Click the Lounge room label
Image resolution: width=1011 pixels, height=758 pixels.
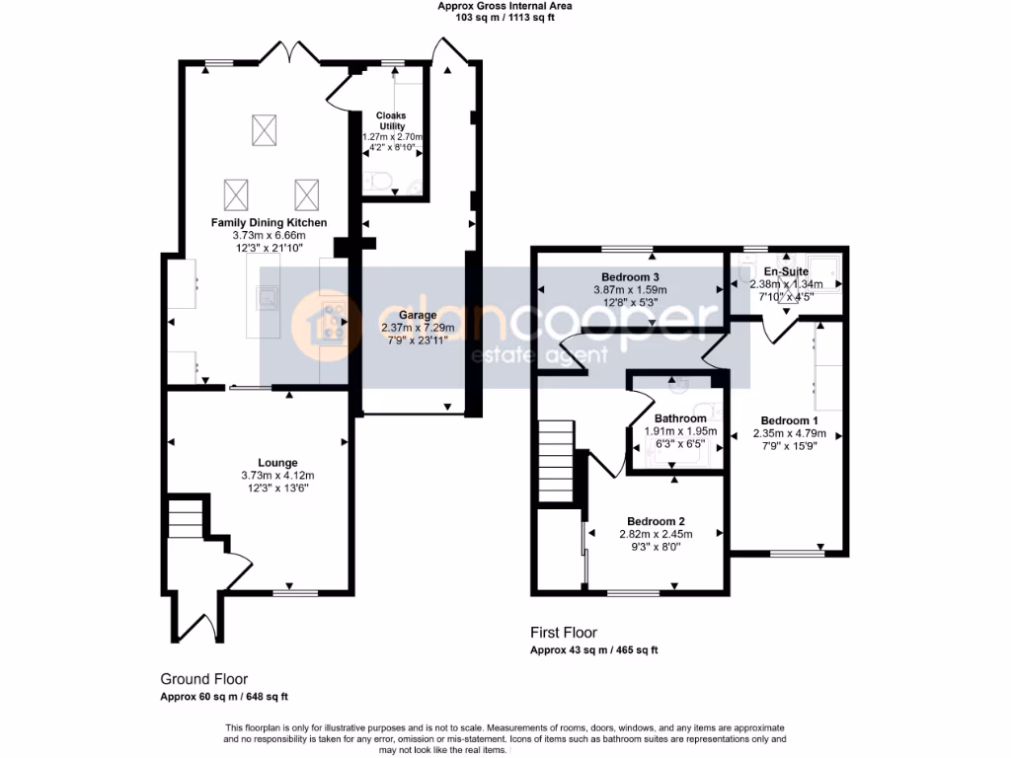pyautogui.click(x=277, y=462)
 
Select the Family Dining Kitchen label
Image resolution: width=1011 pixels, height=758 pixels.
pyautogui.click(x=269, y=223)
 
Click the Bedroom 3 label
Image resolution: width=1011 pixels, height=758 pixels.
pyautogui.click(x=630, y=276)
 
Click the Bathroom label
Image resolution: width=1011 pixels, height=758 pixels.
pyautogui.click(x=680, y=418)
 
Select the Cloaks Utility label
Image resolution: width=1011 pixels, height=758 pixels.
pyautogui.click(x=393, y=121)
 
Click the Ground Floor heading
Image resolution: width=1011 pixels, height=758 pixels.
pyautogui.click(x=204, y=679)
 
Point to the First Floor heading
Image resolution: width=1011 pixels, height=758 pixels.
pyautogui.click(x=564, y=633)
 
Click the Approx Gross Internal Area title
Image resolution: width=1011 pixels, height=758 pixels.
pyautogui.click(x=505, y=6)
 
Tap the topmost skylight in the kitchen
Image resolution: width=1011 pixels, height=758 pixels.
pyautogui.click(x=264, y=129)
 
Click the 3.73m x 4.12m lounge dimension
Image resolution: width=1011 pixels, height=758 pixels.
pyautogui.click(x=277, y=475)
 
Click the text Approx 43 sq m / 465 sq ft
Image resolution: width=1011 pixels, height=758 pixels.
pyautogui.click(x=593, y=650)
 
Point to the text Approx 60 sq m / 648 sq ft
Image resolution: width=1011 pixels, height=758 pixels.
pyautogui.click(x=224, y=697)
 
